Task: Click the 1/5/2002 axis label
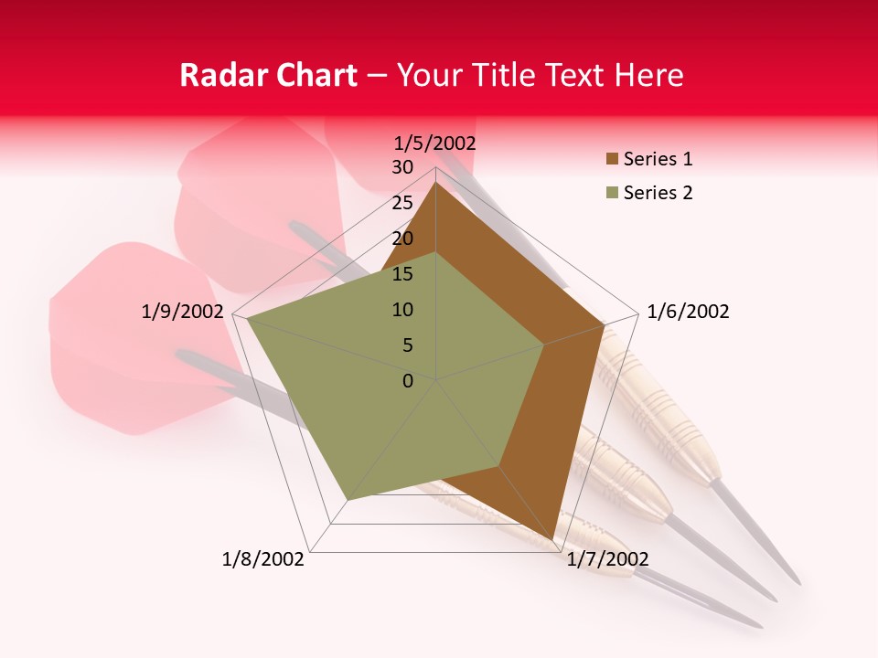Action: pyautogui.click(x=434, y=143)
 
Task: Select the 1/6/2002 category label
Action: pyautogui.click(x=688, y=312)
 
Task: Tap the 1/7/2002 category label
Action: pyautogui.click(x=607, y=559)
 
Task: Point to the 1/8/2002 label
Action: pyautogui.click(x=263, y=559)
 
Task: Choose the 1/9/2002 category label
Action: pyautogui.click(x=183, y=312)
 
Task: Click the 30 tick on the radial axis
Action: pyautogui.click(x=402, y=167)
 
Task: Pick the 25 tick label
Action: pyautogui.click(x=402, y=203)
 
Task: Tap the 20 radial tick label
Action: pyautogui.click(x=402, y=239)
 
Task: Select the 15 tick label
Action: pyautogui.click(x=402, y=274)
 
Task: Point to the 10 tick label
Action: pyautogui.click(x=402, y=310)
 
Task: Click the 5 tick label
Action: pyautogui.click(x=407, y=345)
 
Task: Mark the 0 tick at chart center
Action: pyautogui.click(x=408, y=381)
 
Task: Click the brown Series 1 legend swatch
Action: pyautogui.click(x=612, y=160)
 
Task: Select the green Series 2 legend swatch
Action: pyautogui.click(x=612, y=193)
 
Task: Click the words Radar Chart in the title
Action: pyautogui.click(x=268, y=76)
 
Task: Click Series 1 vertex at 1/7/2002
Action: pyautogui.click(x=554, y=541)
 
